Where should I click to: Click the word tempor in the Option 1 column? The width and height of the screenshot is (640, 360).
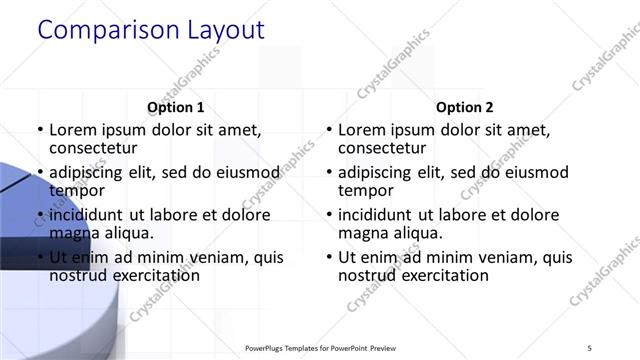[x=76, y=190]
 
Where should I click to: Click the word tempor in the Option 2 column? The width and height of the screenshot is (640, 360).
[x=365, y=190]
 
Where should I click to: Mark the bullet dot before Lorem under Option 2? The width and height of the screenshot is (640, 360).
[x=329, y=131]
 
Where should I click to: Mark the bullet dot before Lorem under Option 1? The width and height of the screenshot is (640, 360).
[x=40, y=131]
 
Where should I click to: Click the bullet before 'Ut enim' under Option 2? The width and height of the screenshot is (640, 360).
[x=329, y=258]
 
